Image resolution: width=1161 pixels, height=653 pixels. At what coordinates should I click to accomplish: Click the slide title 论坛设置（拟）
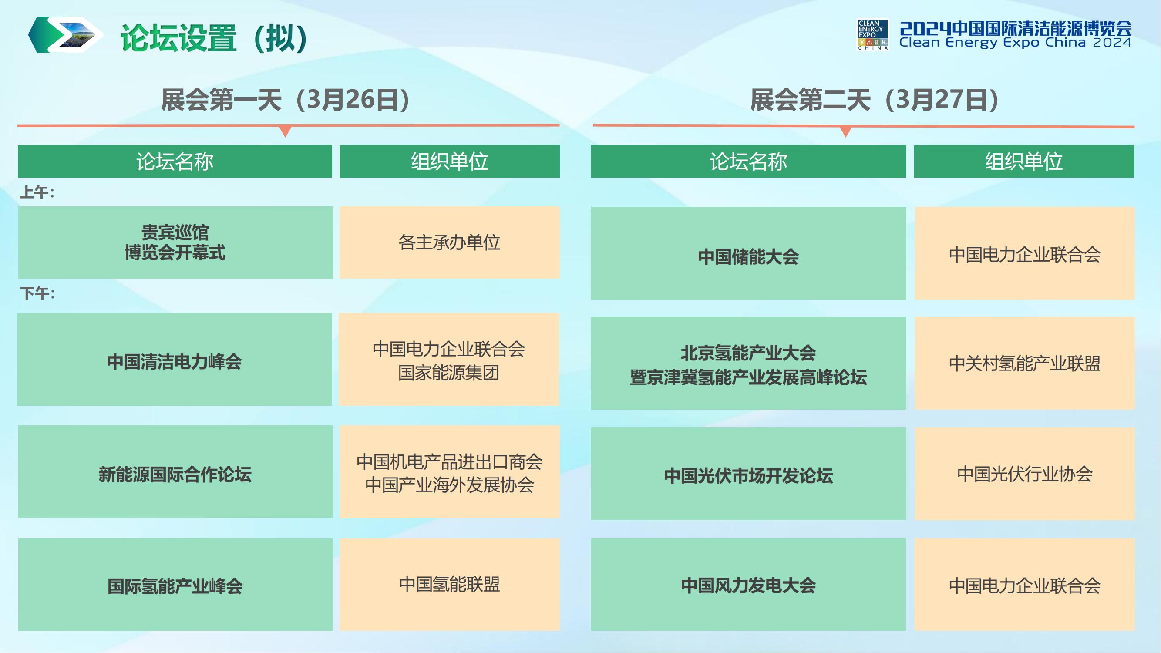(214, 38)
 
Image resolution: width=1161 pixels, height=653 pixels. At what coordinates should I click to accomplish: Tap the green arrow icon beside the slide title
(66, 35)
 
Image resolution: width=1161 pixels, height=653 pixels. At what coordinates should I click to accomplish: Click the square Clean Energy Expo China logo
(872, 34)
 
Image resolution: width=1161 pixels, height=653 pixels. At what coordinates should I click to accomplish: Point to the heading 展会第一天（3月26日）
(286, 100)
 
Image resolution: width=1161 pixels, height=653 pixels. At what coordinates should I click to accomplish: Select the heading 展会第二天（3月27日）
(875, 100)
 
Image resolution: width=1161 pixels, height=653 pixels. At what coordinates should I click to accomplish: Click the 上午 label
(37, 192)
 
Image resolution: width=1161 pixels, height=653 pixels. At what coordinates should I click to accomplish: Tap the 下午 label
(37, 293)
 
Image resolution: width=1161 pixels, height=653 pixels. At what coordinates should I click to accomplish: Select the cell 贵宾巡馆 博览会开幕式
(175, 242)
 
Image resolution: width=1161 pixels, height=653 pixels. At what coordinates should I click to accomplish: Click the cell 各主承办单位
(449, 242)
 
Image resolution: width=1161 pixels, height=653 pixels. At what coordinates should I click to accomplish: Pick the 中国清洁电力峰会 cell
(175, 359)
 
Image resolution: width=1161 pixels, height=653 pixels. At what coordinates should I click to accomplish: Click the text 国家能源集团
(449, 373)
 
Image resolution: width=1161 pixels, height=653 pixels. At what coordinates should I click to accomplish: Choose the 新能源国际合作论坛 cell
(175, 472)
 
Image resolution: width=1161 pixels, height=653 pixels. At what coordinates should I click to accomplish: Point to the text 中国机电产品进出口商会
(449, 461)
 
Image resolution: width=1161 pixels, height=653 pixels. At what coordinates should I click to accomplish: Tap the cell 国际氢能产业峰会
(175, 585)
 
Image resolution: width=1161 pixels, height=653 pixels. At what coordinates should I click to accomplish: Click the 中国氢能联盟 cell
(449, 585)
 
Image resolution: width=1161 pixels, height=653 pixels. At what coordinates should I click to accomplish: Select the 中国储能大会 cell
(749, 253)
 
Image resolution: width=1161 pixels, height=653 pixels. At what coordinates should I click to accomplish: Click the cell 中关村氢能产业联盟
(1024, 363)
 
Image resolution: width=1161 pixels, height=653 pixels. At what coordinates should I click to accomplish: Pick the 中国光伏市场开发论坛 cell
(749, 474)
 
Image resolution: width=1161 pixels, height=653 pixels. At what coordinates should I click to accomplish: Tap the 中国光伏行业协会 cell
(1024, 474)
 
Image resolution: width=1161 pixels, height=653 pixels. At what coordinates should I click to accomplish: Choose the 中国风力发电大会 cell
(749, 585)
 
